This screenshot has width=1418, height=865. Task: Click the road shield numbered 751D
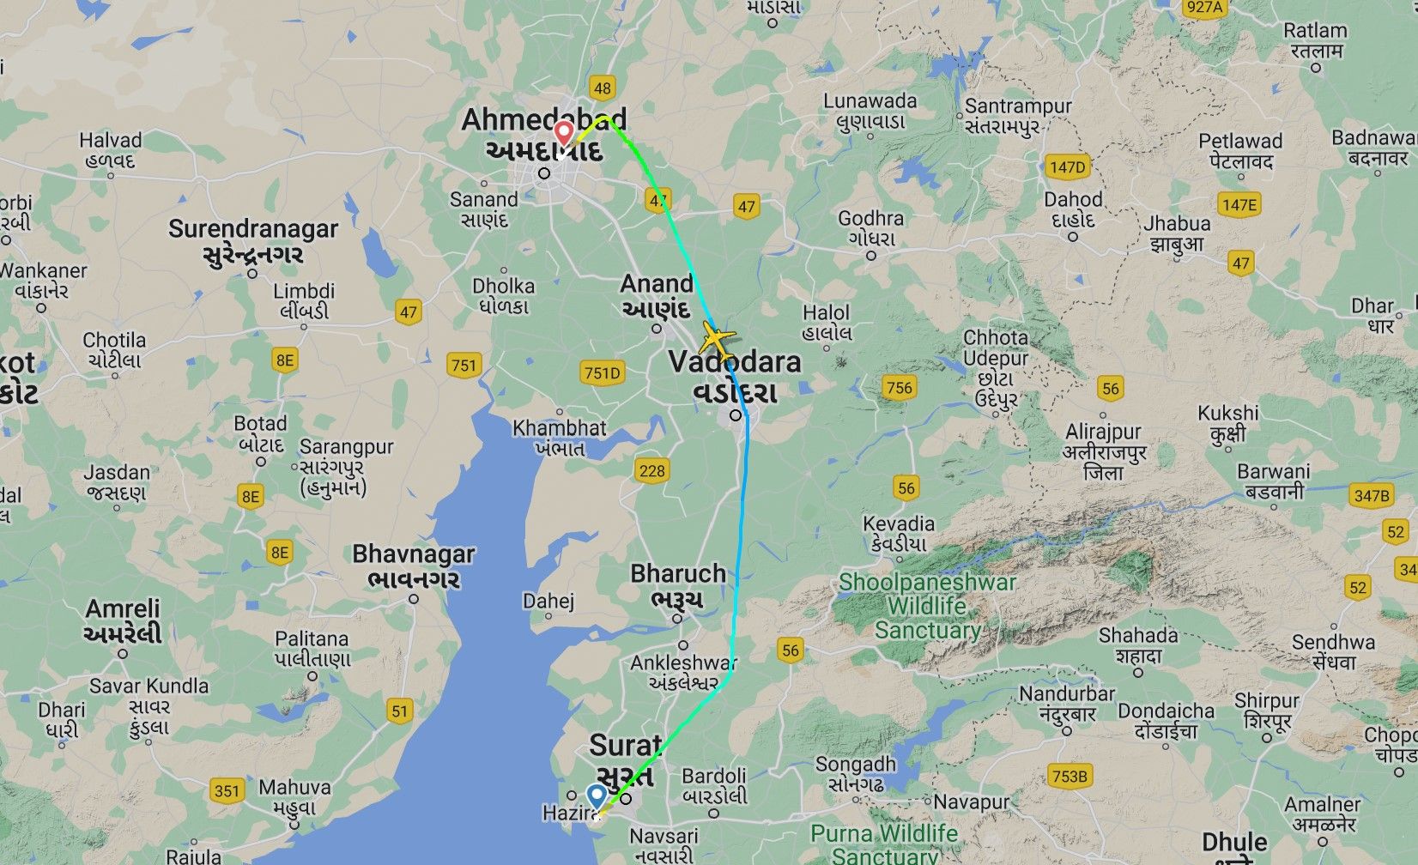601,373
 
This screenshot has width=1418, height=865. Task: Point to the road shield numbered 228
651,470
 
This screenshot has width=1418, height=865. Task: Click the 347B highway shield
1370,495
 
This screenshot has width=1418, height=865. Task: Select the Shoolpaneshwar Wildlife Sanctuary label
927,606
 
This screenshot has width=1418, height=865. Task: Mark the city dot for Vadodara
736,415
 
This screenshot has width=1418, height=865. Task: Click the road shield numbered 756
899,388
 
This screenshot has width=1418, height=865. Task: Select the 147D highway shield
1067,167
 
